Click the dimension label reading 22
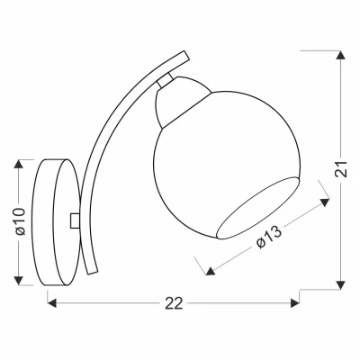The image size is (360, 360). click(174, 303)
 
